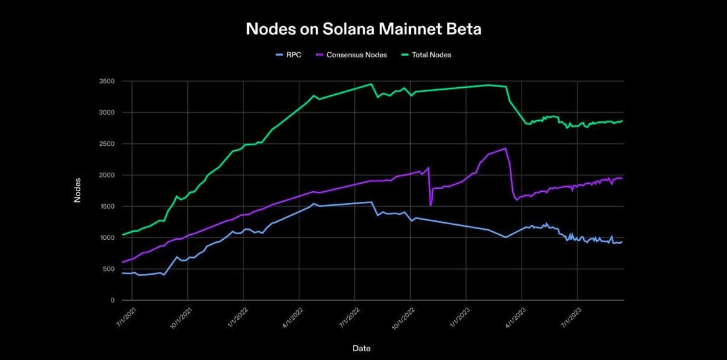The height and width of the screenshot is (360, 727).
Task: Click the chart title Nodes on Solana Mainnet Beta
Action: click(363, 29)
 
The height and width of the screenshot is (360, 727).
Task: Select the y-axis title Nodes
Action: click(78, 191)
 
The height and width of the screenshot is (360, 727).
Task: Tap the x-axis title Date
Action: click(361, 348)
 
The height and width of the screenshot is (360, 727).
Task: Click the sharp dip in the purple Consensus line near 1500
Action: click(431, 205)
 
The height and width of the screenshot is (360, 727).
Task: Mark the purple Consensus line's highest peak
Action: click(505, 148)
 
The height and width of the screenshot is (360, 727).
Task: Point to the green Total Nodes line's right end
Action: click(622, 121)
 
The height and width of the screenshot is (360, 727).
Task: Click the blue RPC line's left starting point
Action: click(123, 273)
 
